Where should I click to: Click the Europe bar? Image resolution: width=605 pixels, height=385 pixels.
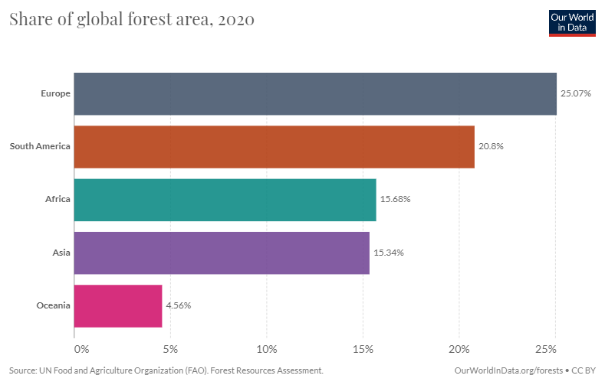coord(314,93)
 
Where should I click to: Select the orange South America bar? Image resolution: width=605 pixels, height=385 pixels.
coord(274,146)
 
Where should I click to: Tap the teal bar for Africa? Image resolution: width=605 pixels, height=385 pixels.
coord(225,200)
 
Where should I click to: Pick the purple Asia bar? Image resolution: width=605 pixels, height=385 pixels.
coord(222,253)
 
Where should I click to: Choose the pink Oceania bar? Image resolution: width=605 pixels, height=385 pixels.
coord(118,305)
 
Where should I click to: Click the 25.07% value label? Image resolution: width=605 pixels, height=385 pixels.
coord(575,93)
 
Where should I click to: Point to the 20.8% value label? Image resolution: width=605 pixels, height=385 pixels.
coord(491,146)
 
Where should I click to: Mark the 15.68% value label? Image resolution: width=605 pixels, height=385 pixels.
coord(396,200)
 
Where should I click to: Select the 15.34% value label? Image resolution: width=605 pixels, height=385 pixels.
coord(389,253)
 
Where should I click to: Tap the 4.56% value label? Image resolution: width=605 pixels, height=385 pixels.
coord(178,305)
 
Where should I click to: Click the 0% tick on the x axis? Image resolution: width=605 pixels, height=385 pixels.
coord(82,349)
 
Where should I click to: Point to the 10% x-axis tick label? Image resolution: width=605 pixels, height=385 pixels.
coord(267,349)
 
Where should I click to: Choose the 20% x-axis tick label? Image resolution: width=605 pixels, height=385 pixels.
coord(459,349)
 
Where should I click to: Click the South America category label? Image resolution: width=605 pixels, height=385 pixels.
coord(40,146)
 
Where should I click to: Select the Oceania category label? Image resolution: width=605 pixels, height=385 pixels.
coord(54,305)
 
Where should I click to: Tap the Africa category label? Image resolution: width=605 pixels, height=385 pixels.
coord(58,200)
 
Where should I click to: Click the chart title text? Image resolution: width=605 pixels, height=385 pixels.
coord(132,20)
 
